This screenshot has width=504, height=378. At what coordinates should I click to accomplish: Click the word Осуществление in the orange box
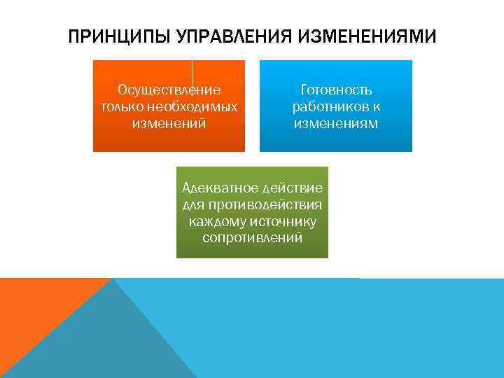coord(169,90)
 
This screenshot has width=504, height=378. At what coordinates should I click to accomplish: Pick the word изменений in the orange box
coord(169,124)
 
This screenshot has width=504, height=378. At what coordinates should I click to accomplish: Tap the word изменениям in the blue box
coord(336,124)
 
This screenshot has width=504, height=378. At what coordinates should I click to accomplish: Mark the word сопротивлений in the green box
coord(252,239)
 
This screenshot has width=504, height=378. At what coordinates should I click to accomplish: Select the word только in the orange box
coord(118,107)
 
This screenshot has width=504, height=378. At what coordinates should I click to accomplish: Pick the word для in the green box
coord(192,205)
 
